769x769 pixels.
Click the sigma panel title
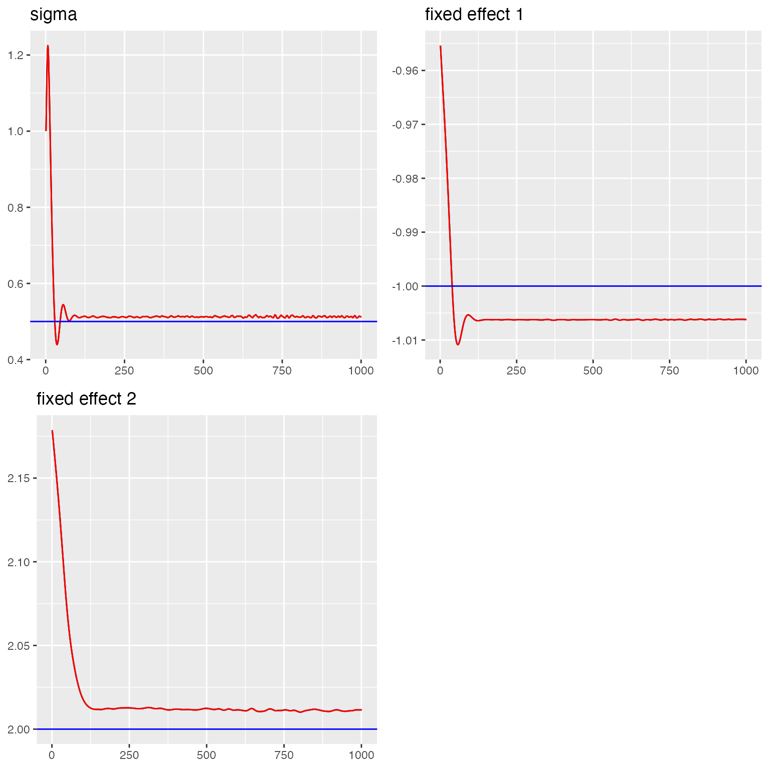click(x=54, y=15)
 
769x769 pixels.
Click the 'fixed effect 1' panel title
click(x=474, y=15)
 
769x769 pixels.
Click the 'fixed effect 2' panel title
click(x=86, y=399)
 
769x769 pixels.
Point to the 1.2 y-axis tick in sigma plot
click(x=16, y=55)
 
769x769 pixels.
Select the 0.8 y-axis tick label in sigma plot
click(x=16, y=207)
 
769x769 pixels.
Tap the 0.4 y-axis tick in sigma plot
click(x=16, y=359)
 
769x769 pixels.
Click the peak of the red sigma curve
click(x=48, y=46)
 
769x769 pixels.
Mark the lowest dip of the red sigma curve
click(x=57, y=344)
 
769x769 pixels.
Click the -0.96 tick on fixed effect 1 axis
click(x=405, y=70)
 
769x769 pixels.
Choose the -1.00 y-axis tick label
click(x=405, y=286)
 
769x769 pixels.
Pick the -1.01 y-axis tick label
click(x=405, y=340)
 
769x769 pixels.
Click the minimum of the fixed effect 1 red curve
click(x=458, y=344)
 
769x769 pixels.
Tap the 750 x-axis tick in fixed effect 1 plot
click(x=669, y=370)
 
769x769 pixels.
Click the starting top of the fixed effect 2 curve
click(x=52, y=431)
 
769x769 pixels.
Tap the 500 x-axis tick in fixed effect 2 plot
click(x=206, y=755)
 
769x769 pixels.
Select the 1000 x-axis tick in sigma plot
click(x=360, y=370)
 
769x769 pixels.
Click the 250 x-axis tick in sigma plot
click(x=124, y=370)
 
